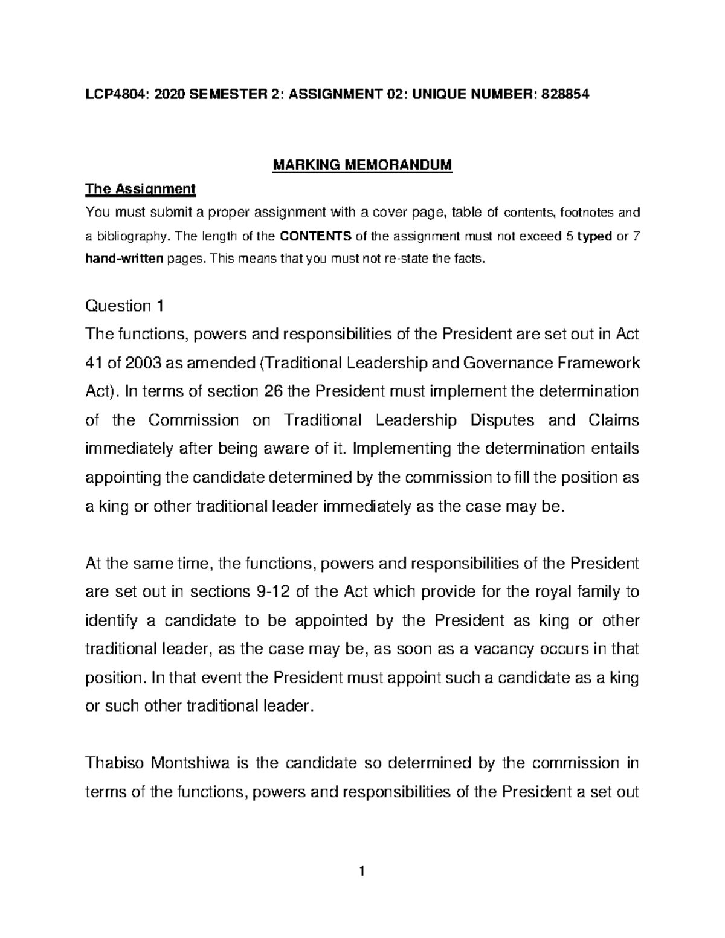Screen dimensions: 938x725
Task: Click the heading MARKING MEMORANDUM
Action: pos(362,165)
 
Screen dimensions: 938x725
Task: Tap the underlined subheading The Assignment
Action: pos(141,189)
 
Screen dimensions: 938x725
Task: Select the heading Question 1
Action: pos(124,306)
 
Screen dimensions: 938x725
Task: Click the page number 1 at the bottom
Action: pos(362,871)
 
